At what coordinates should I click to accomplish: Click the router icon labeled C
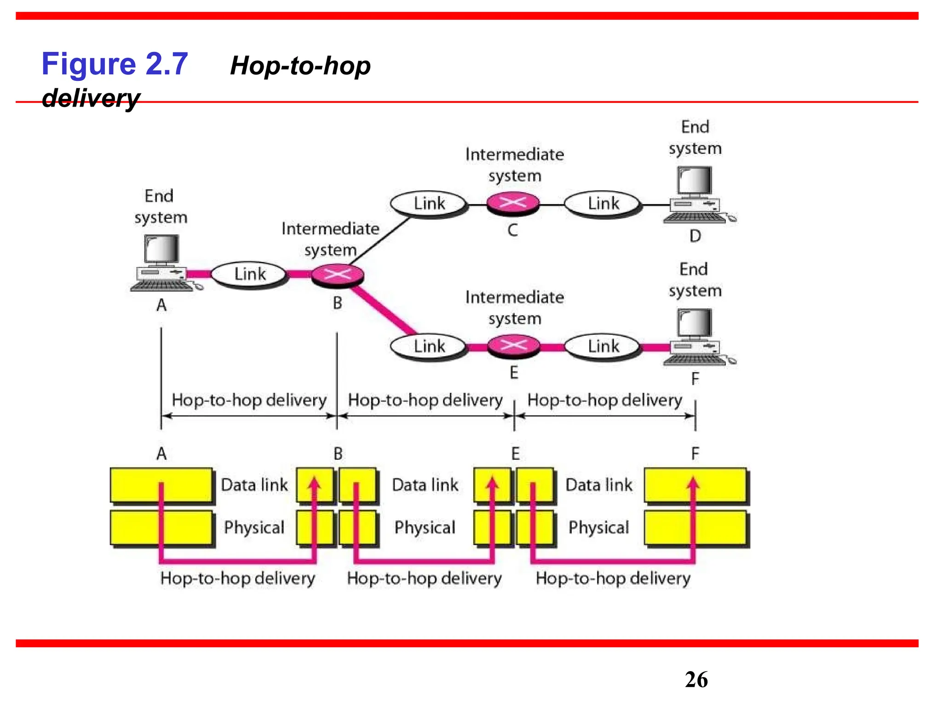pyautogui.click(x=513, y=203)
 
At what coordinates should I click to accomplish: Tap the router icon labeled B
pyautogui.click(x=338, y=275)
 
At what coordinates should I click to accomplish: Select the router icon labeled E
pyautogui.click(x=513, y=346)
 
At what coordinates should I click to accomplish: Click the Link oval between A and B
pyautogui.click(x=250, y=274)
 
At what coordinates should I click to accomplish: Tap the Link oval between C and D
pyautogui.click(x=603, y=204)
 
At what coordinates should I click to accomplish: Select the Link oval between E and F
pyautogui.click(x=603, y=347)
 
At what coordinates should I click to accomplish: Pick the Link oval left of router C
pyautogui.click(x=429, y=204)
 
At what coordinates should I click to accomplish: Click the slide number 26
pyautogui.click(x=696, y=680)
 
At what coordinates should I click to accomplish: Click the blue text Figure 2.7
pyautogui.click(x=115, y=64)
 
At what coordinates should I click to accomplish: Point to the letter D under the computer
pyautogui.click(x=695, y=236)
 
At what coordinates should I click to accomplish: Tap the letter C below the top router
pyautogui.click(x=513, y=230)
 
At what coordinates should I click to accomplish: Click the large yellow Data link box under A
pyautogui.click(x=161, y=485)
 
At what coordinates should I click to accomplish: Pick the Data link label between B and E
pyautogui.click(x=425, y=485)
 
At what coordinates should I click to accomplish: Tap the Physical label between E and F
pyautogui.click(x=598, y=528)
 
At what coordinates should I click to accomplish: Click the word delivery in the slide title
pyautogui.click(x=91, y=98)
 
